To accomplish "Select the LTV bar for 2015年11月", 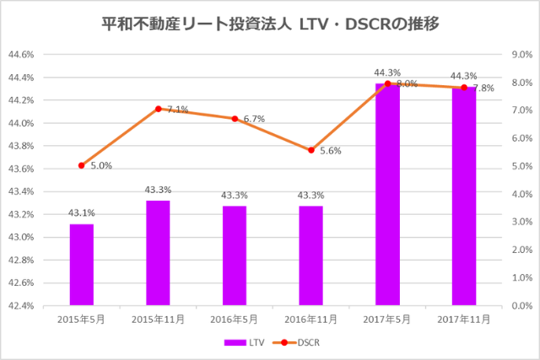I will [x=158, y=252].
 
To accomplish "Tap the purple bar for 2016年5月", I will [x=235, y=255].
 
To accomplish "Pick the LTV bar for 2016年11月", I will [x=310, y=255].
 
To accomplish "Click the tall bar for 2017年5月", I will [x=387, y=194].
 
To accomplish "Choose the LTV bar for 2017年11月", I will [x=463, y=196].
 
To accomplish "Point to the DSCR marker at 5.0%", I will [x=82, y=165].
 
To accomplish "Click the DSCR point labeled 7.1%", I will [x=158, y=109].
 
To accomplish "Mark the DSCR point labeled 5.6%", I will [x=310, y=150].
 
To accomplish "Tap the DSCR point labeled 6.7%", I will [x=235, y=119].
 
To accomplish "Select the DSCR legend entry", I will [x=299, y=343].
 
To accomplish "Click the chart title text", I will [x=270, y=23].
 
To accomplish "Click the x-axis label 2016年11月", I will [x=310, y=320].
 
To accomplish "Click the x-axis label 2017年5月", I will [x=387, y=320].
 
